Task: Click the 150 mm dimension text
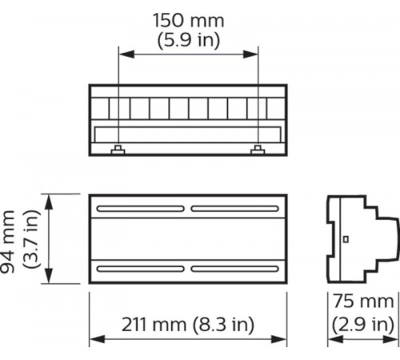(188, 20)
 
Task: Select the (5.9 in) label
(188, 38)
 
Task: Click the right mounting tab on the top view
(258, 150)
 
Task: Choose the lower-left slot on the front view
(141, 267)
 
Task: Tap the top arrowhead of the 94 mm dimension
(50, 197)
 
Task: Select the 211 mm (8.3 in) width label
(188, 325)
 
